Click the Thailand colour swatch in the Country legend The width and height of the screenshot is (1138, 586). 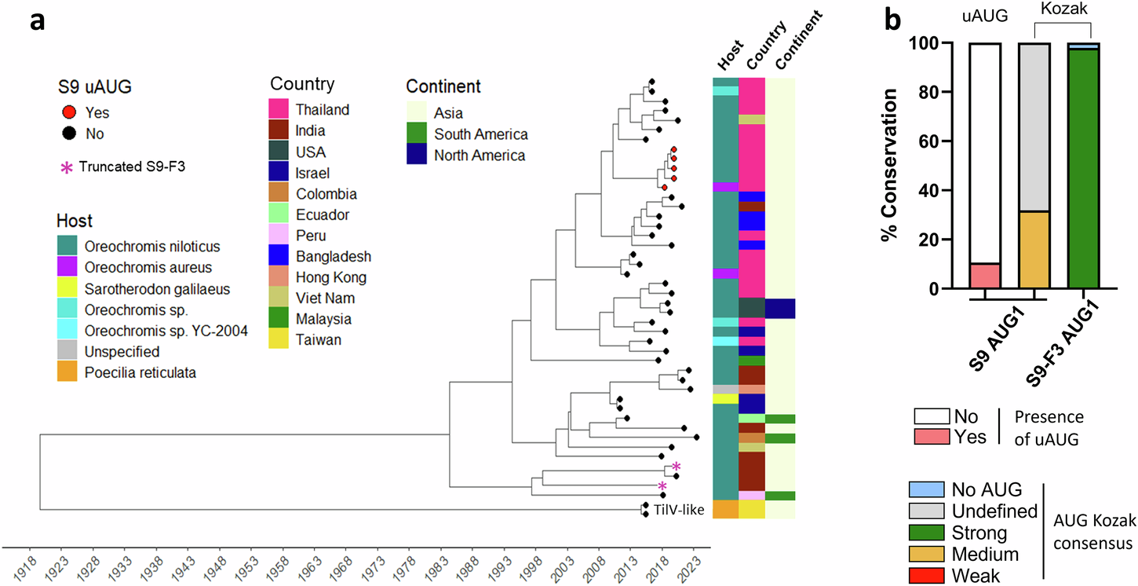coord(282,110)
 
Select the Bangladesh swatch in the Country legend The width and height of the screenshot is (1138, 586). coord(282,256)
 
